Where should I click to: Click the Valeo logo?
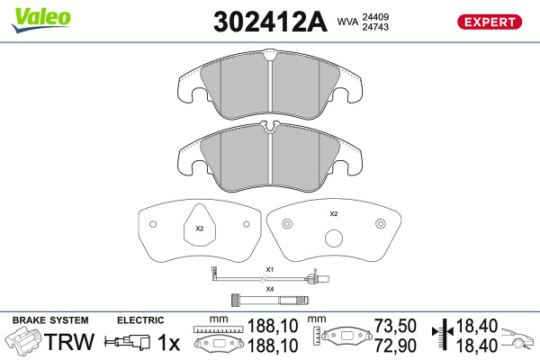[41, 20]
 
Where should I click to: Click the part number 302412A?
[270, 22]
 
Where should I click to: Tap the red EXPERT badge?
[490, 22]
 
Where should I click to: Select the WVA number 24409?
[375, 17]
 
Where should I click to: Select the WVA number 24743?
[375, 27]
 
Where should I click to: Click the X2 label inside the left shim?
[200, 229]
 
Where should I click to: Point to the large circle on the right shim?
[334, 238]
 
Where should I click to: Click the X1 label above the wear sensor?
[270, 269]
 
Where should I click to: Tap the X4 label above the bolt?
[270, 289]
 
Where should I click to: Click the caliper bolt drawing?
[270, 301]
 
